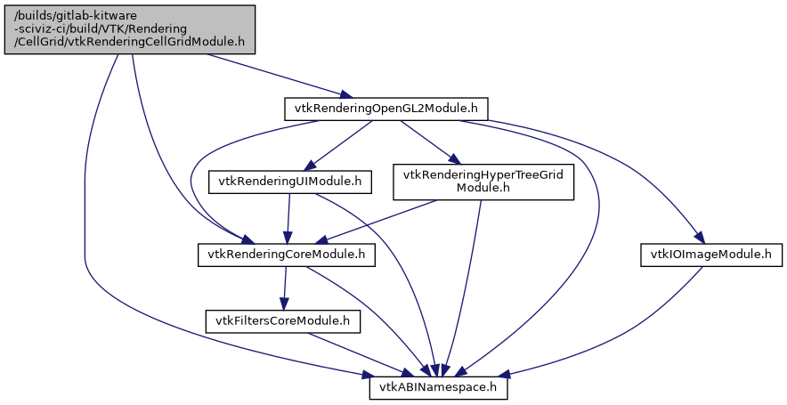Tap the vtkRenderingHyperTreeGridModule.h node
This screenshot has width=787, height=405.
tap(483, 182)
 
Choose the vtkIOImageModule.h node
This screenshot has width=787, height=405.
tap(706, 255)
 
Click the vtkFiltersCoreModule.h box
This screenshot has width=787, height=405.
tap(282, 320)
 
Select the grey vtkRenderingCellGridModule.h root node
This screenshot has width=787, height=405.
tap(131, 29)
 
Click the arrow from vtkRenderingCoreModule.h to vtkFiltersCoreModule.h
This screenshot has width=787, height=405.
tap(285, 288)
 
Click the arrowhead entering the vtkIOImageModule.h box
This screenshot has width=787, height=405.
tap(701, 239)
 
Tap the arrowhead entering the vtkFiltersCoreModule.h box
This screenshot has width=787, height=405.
tap(283, 303)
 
